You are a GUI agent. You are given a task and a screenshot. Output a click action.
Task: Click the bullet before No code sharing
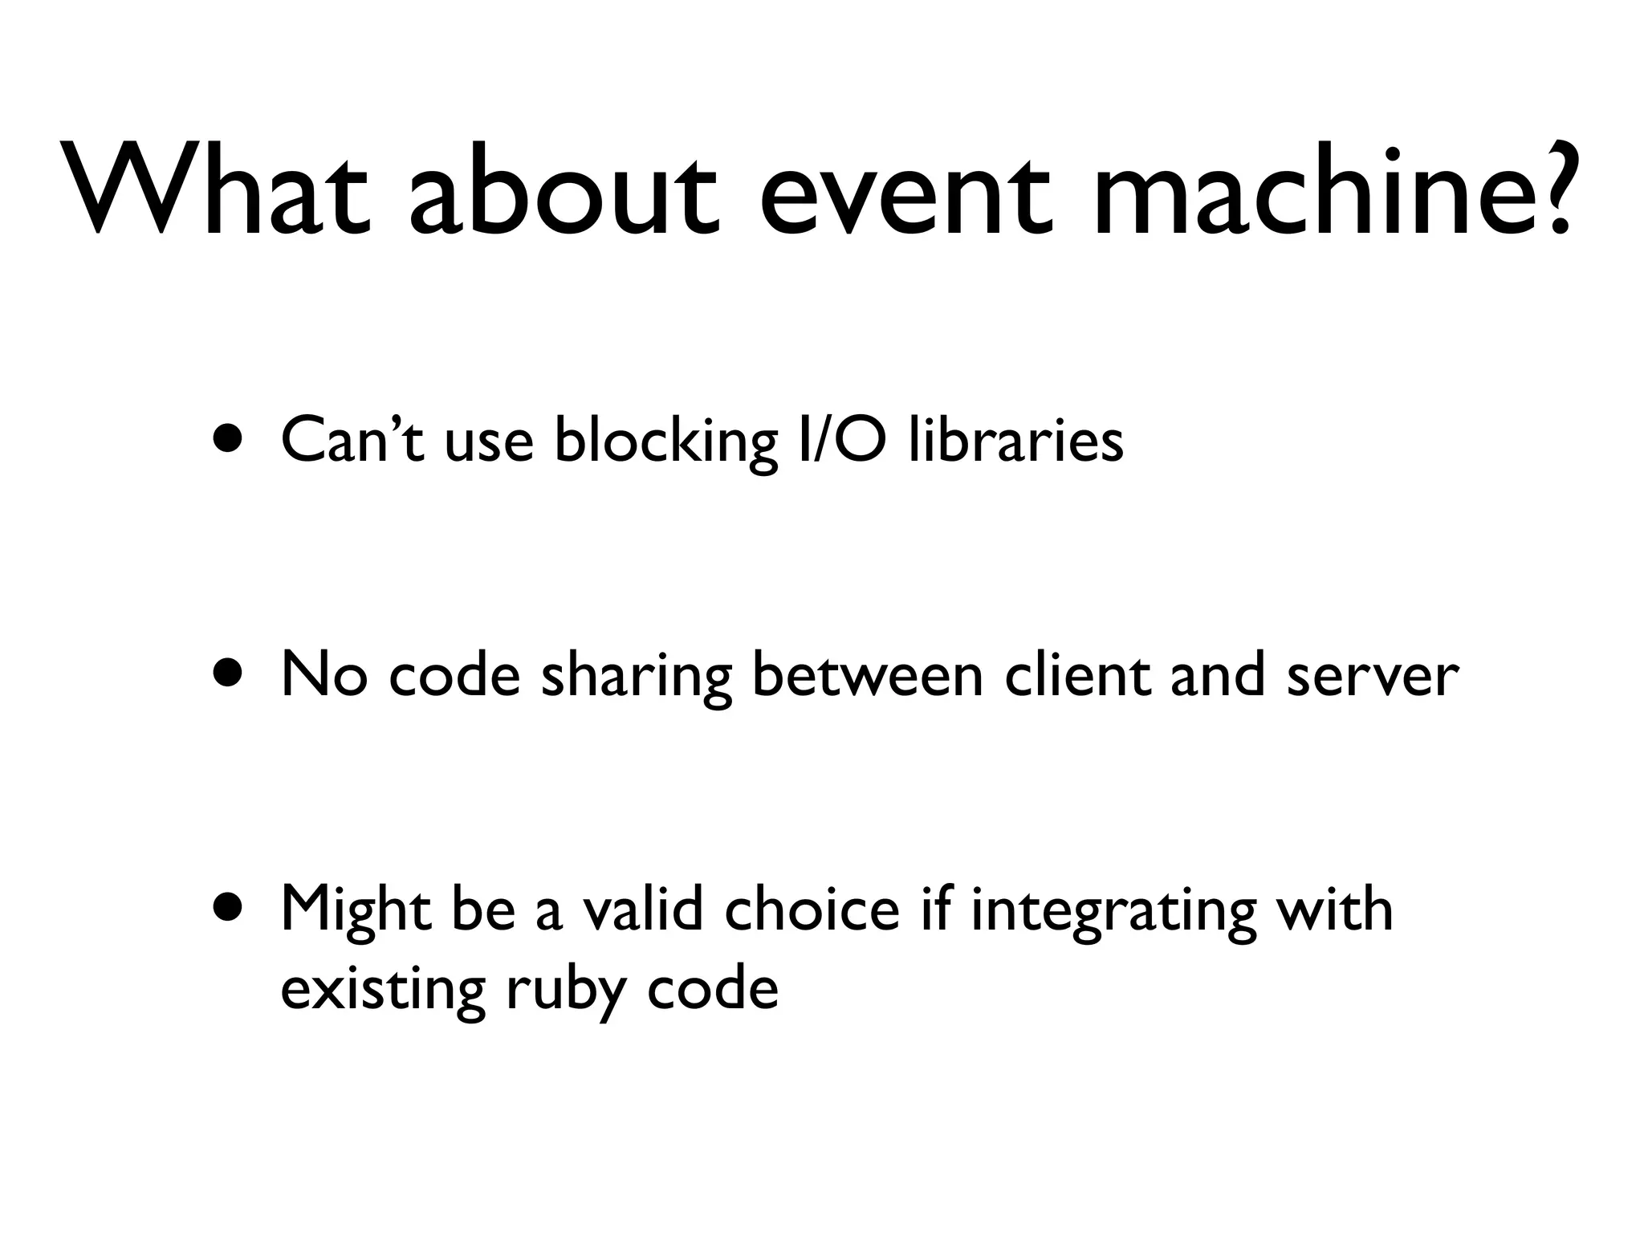[228, 674]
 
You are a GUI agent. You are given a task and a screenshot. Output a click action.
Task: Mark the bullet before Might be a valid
[228, 909]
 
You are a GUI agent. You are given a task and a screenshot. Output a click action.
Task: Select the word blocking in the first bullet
[665, 442]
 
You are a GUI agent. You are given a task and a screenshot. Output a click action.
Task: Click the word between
[867, 674]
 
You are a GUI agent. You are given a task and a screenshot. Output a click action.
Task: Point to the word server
[1373, 676]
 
